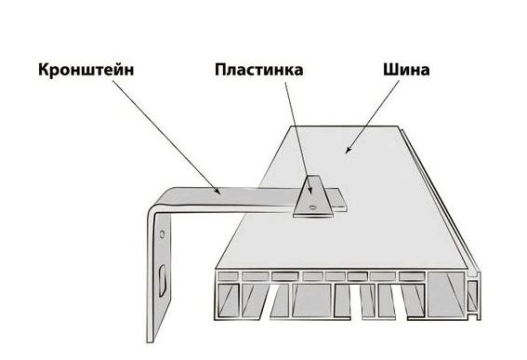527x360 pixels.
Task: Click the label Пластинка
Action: pos(259,70)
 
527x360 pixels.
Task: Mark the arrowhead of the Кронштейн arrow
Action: pos(218,193)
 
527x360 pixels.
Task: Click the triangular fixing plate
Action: pos(310,198)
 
